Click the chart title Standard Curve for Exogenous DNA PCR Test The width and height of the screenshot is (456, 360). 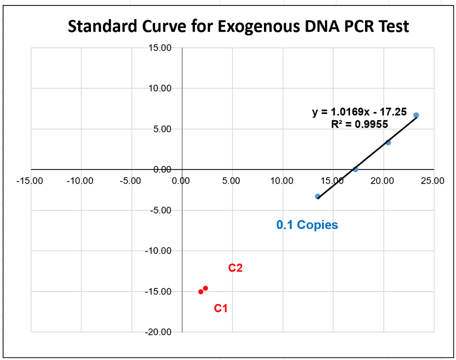coord(238,26)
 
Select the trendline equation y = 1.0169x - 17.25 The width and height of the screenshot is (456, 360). coord(359,112)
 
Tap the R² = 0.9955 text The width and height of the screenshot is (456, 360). coord(359,124)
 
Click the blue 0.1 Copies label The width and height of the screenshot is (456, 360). coord(307,225)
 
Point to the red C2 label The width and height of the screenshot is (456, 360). coord(235,268)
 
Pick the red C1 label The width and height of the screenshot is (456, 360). coord(221,308)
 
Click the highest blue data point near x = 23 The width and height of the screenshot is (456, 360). coord(416,115)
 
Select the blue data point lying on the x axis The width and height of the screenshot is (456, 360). coord(355,169)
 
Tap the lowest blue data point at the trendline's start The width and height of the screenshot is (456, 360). coord(317,196)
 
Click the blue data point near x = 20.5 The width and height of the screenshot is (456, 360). coord(388,142)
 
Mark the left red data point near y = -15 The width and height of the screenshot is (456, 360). coord(201,291)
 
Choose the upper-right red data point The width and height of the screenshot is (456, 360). coord(205,288)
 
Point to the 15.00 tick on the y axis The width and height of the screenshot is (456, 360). coord(160,48)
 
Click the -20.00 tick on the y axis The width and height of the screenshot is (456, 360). coord(158,332)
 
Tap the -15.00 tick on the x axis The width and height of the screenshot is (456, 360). coord(29,180)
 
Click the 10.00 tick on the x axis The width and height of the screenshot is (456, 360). coord(281,180)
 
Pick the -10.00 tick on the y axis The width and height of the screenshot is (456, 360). coord(158,250)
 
